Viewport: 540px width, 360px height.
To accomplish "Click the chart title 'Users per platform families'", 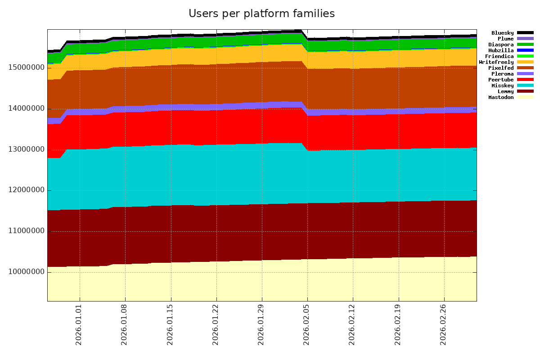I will pos(261,14).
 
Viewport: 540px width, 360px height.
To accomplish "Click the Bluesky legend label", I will pos(502,33).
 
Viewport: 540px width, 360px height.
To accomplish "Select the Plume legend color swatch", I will pos(525,39).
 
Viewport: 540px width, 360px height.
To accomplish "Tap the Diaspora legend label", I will pos(501,45).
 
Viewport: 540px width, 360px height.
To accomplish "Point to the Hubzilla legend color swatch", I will pos(525,50).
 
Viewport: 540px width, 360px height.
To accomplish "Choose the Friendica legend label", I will pos(499,56).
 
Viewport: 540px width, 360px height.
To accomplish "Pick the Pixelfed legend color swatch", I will pos(525,68).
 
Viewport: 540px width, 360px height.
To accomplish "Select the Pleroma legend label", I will pos(502,74).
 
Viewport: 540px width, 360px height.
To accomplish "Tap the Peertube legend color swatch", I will pos(525,80).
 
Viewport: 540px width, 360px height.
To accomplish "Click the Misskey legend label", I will pos(502,85).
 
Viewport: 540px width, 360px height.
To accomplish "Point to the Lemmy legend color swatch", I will pos(525,91).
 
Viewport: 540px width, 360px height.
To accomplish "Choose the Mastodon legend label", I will pos(501,97).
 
